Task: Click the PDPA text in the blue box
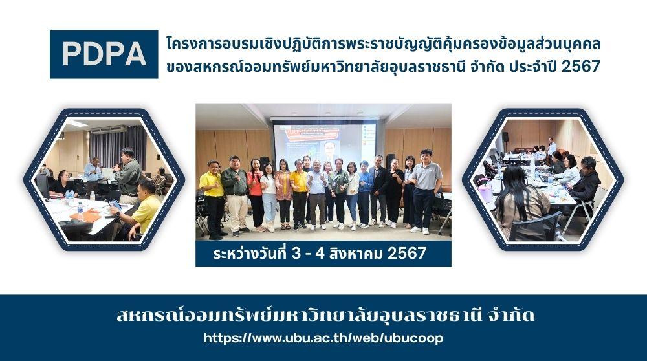tap(104, 54)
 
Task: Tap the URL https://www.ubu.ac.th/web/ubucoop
tap(323, 338)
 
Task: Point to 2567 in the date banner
tap(407, 253)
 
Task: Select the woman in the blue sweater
tap(364, 194)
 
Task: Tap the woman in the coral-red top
tap(256, 195)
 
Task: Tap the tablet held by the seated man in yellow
tap(115, 205)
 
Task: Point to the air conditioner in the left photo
tap(109, 129)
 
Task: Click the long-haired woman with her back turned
tap(521, 202)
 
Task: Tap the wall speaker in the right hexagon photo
tap(505, 137)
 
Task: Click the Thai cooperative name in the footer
tap(325, 316)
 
